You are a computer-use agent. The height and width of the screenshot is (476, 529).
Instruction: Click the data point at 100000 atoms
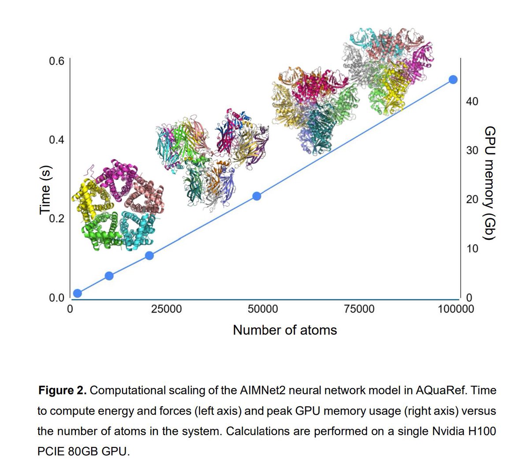(x=453, y=79)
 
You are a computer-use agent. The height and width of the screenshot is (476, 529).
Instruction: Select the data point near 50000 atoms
(x=257, y=196)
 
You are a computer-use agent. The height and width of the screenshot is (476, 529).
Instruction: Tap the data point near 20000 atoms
(x=149, y=256)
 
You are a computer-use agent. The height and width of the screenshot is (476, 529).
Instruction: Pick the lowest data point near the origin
(x=78, y=293)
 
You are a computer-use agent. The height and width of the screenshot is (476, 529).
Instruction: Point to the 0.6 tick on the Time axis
(x=56, y=61)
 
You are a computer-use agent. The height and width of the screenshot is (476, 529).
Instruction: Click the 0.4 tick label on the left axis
(x=56, y=140)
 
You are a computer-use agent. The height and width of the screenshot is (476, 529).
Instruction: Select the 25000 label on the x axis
(x=166, y=309)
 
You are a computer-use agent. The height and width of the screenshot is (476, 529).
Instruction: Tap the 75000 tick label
(x=359, y=309)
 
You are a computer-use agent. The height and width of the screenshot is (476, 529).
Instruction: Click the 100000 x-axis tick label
(x=456, y=309)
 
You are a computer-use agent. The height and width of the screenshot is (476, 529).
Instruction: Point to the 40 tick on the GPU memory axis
(x=472, y=101)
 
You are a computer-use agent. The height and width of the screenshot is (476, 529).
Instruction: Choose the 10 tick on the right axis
(x=472, y=249)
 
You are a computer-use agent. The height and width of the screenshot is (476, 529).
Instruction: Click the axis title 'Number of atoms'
(x=285, y=330)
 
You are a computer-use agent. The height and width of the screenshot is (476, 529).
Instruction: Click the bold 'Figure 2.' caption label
(x=63, y=390)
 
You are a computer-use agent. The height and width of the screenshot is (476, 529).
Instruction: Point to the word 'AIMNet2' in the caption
(x=263, y=390)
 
